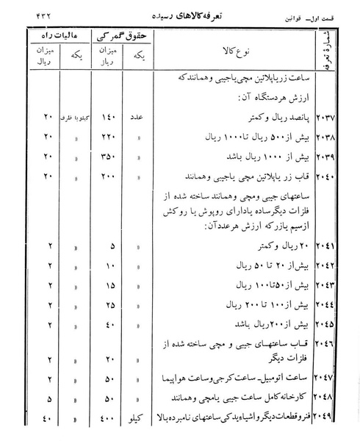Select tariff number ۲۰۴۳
(325, 284)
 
